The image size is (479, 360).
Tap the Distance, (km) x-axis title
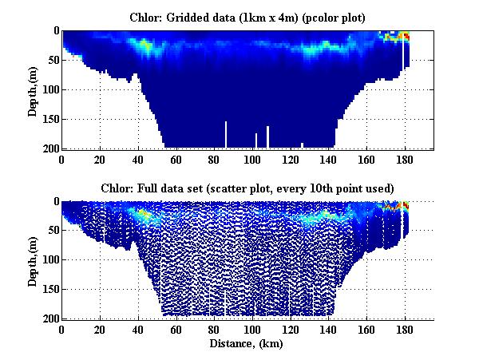(247, 344)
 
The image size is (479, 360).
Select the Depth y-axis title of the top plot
(33, 89)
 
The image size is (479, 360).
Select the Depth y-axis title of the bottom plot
(33, 260)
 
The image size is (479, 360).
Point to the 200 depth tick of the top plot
(50, 148)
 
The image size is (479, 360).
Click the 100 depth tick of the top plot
(50, 89)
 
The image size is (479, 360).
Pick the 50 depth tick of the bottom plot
(53, 231)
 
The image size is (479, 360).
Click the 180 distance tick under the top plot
(405, 159)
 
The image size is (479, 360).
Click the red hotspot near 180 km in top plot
(406, 36)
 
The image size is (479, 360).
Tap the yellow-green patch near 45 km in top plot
(145, 47)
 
